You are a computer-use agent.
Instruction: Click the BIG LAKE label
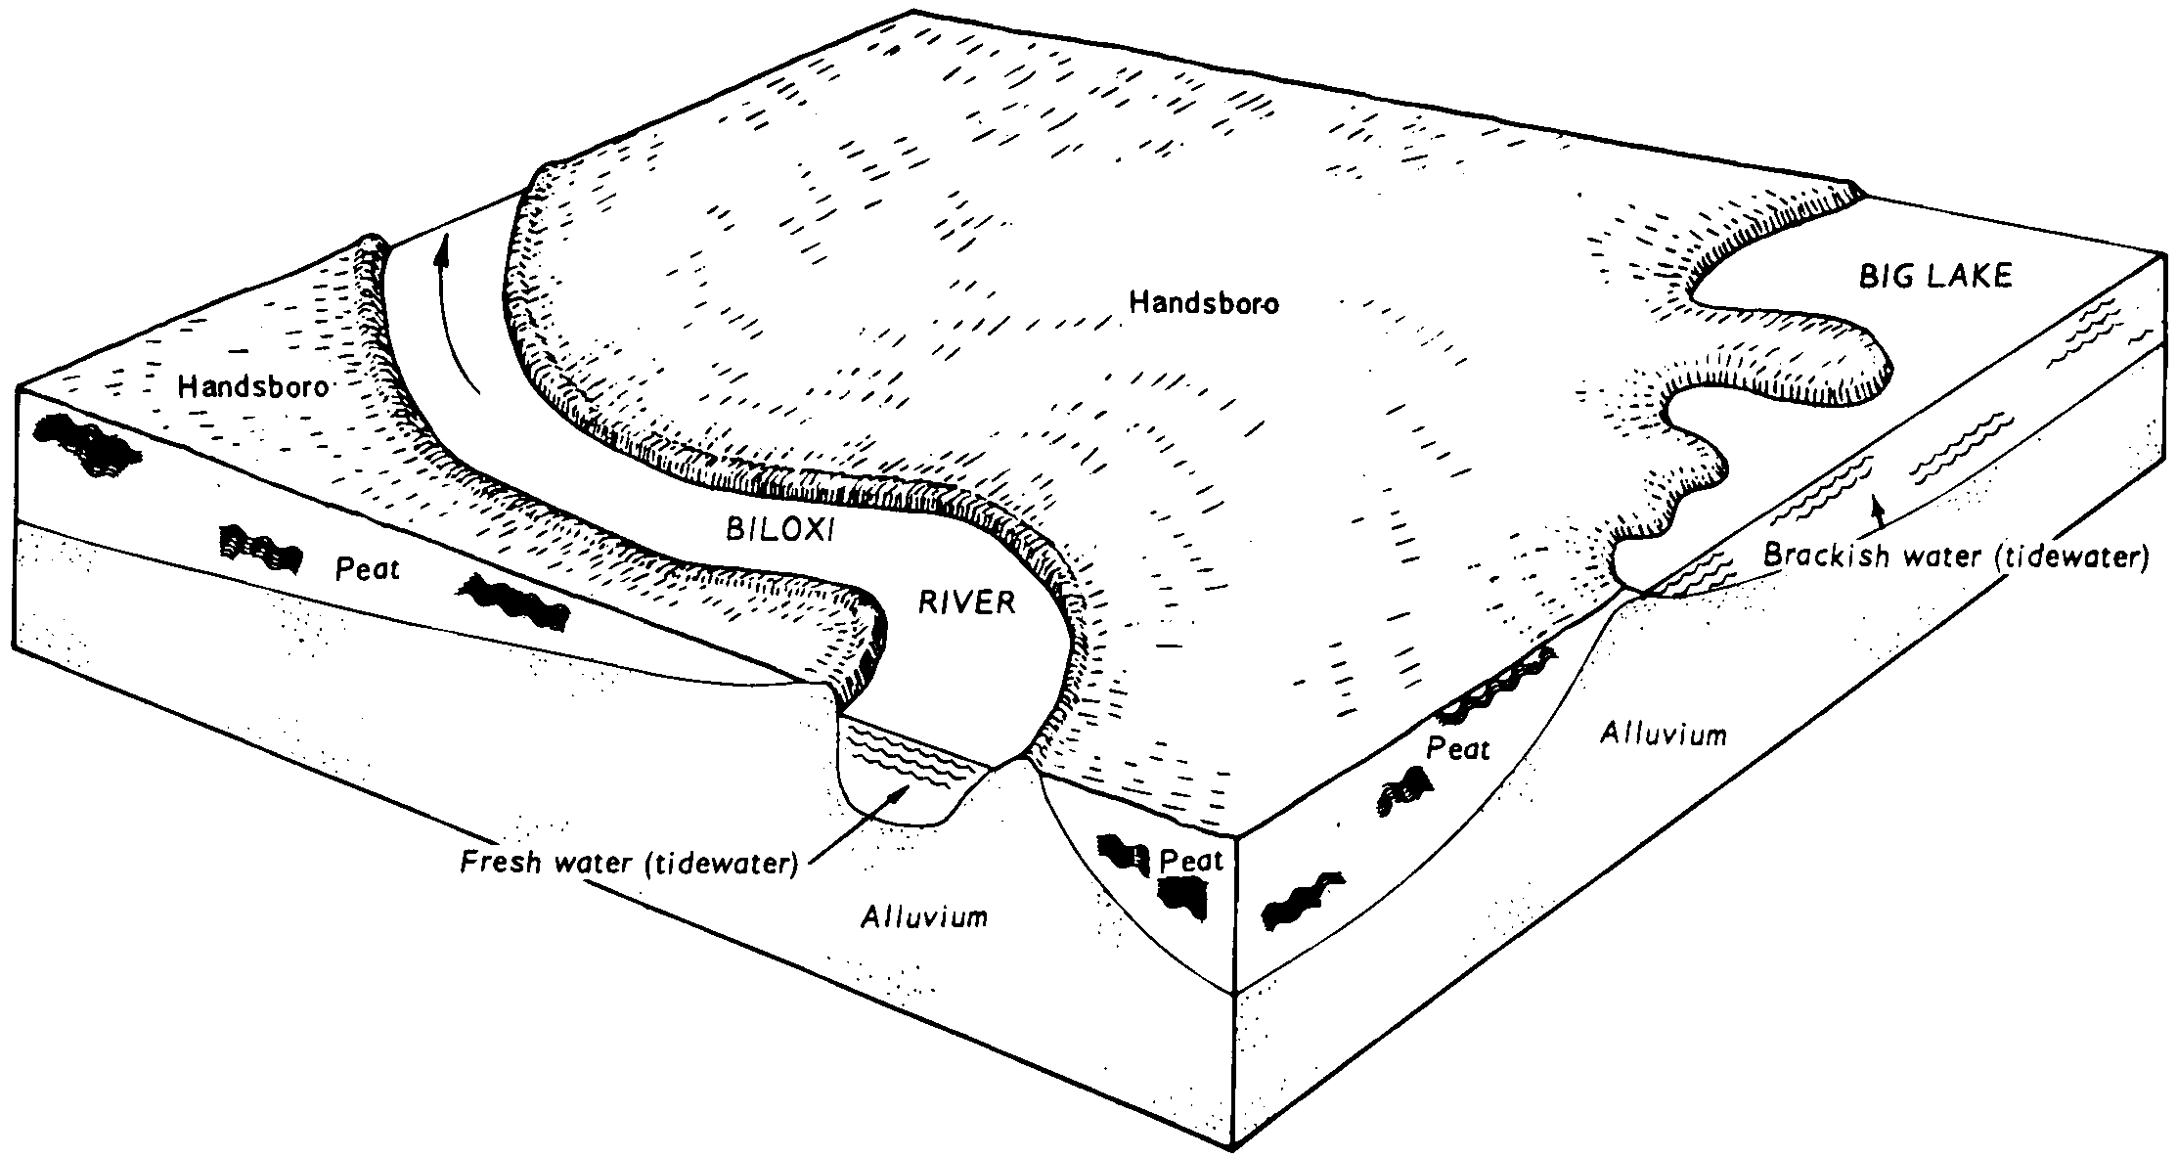coord(1934,277)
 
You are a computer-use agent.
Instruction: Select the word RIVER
coord(966,602)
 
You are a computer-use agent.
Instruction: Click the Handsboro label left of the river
coord(252,388)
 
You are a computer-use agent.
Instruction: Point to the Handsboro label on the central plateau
coord(1203,303)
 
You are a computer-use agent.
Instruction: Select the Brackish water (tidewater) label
coord(1956,557)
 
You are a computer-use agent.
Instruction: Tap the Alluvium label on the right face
coord(1663,734)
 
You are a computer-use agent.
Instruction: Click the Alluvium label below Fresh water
coord(924,916)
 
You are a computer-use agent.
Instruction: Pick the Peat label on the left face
coord(368,569)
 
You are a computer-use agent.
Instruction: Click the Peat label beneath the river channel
coord(1191,861)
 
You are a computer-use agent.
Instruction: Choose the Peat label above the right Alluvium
coord(1457,749)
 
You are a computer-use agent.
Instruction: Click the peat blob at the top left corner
coord(83,445)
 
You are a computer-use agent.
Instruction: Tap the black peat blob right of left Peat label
coord(513,601)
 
